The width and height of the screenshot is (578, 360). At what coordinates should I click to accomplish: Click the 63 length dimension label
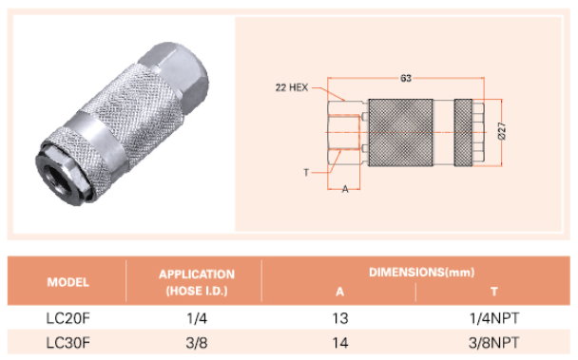click(406, 78)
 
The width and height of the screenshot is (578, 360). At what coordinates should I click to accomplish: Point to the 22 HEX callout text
click(292, 87)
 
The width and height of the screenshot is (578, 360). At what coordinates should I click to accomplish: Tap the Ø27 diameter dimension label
click(502, 131)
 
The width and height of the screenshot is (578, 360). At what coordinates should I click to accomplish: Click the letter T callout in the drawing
click(306, 172)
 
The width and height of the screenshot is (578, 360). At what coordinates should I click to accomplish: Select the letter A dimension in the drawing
click(345, 189)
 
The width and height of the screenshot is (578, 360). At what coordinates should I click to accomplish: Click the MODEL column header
click(68, 282)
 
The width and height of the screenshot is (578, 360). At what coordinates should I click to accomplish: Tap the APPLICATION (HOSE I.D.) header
click(197, 283)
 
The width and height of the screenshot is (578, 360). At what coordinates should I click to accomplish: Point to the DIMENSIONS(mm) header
click(422, 273)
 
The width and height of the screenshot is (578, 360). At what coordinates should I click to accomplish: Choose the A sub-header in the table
click(340, 292)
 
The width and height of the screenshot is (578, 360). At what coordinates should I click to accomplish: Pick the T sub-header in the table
click(494, 292)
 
